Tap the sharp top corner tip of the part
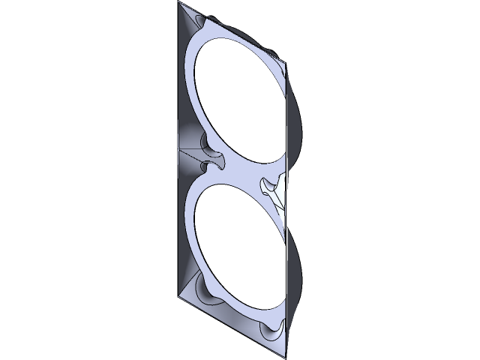[180, 3]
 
